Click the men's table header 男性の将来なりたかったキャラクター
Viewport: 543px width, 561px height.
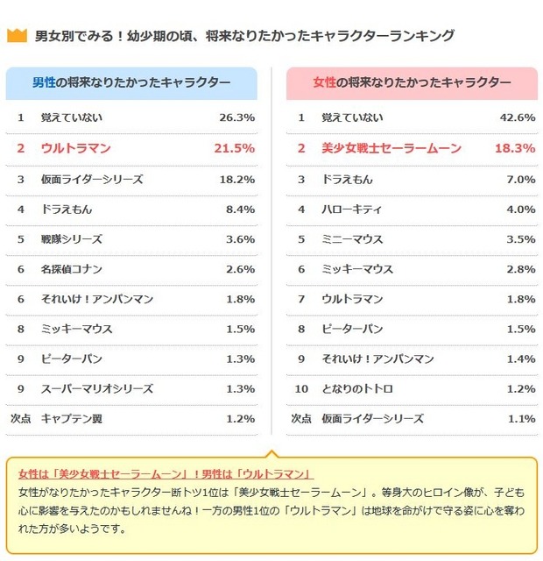pos(131,82)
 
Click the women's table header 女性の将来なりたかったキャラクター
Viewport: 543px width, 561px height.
pos(412,82)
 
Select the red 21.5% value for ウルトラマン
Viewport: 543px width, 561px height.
pos(234,148)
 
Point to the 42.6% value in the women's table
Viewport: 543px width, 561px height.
pos(516,117)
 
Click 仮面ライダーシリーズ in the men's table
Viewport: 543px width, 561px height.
pos(92,180)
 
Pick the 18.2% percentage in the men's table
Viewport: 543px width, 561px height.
pos(236,180)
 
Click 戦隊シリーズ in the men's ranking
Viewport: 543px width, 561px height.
pos(72,239)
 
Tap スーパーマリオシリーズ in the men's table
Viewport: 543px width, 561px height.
pos(97,388)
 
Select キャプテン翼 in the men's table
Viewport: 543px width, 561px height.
pos(72,418)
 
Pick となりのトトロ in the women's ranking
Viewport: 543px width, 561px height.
pos(357,388)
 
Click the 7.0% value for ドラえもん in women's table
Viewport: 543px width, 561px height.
pos(519,180)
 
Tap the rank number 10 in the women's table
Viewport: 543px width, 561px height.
pos(300,388)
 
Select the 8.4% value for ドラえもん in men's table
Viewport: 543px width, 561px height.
pos(240,209)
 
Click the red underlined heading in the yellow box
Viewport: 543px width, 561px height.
pos(166,473)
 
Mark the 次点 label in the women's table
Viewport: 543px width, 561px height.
pos(300,418)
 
